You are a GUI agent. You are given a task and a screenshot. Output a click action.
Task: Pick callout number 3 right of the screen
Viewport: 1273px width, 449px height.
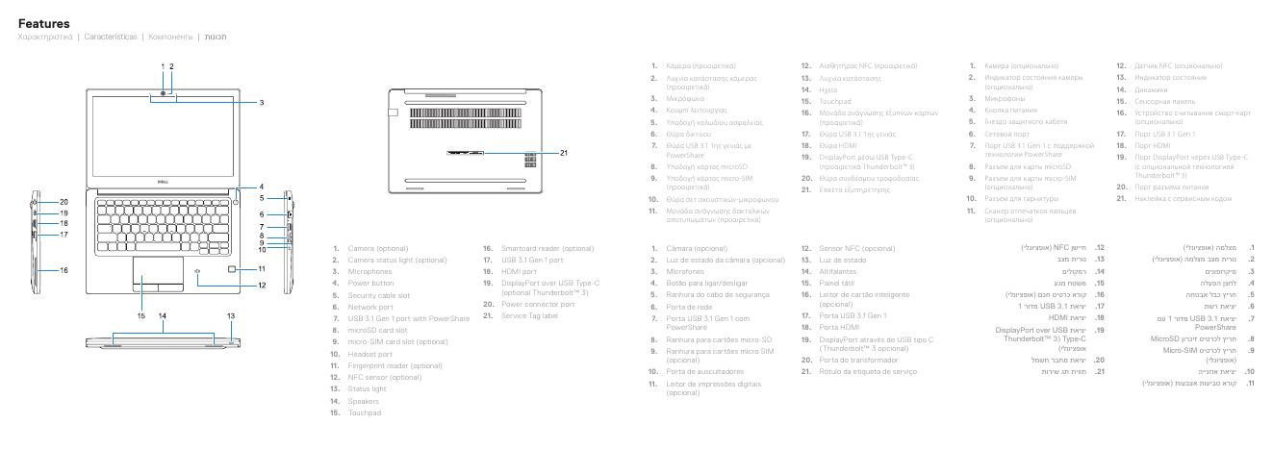coord(261,101)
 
